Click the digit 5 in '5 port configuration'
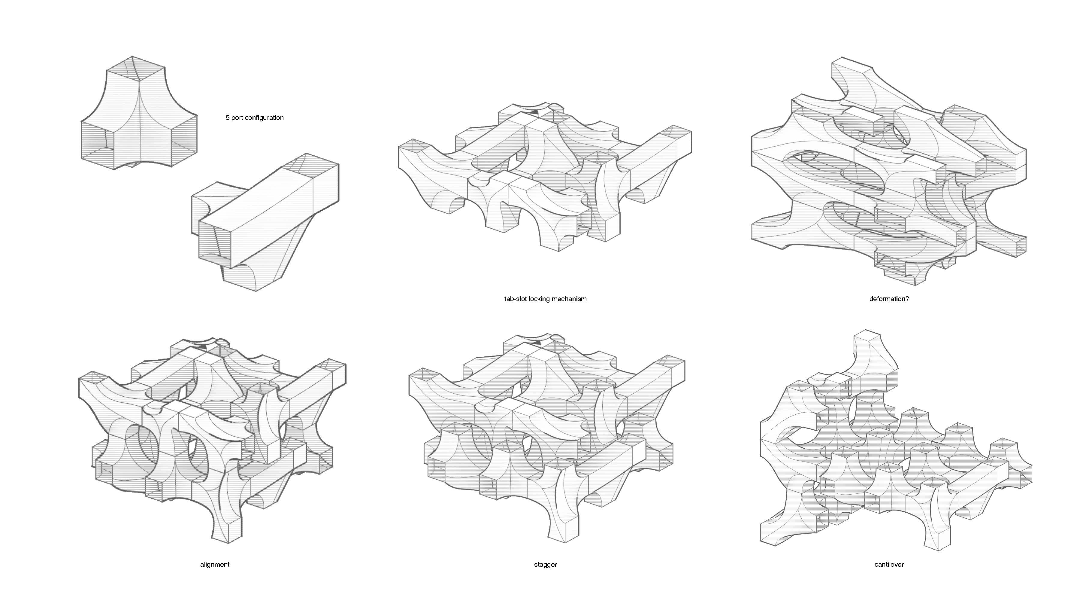point(228,117)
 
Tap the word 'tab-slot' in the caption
point(515,299)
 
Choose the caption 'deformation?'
point(889,299)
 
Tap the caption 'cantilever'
point(889,564)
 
